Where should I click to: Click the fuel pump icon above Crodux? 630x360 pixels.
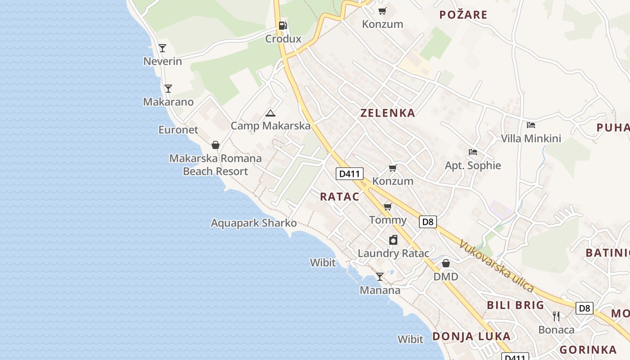[x=283, y=26]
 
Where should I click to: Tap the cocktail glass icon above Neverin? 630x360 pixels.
[x=162, y=48]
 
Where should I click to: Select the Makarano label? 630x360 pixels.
[x=168, y=102]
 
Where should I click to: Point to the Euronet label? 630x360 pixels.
[x=178, y=130]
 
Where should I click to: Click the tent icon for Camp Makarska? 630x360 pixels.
[x=270, y=113]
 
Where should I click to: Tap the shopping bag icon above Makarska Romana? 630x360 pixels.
[x=216, y=145]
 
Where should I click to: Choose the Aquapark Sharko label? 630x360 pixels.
[x=254, y=223]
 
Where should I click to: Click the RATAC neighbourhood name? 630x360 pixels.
[x=340, y=197]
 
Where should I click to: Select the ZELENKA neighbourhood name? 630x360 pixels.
[x=387, y=113]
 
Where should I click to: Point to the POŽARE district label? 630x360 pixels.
[x=463, y=15]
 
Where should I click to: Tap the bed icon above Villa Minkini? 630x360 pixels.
[x=531, y=125]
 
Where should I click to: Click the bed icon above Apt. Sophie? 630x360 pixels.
[x=472, y=152]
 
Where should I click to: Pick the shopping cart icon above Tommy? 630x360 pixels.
[x=387, y=207]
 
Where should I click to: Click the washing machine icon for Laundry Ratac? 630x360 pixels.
[x=393, y=240]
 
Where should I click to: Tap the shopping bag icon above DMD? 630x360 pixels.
[x=446, y=263]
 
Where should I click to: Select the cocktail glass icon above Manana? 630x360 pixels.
[x=380, y=277]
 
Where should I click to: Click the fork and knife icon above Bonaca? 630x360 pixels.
[x=556, y=316]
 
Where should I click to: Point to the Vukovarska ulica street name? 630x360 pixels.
[x=496, y=266]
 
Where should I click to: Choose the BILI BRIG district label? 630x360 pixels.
[x=516, y=305]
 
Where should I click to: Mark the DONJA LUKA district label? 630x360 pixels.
[x=472, y=336]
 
